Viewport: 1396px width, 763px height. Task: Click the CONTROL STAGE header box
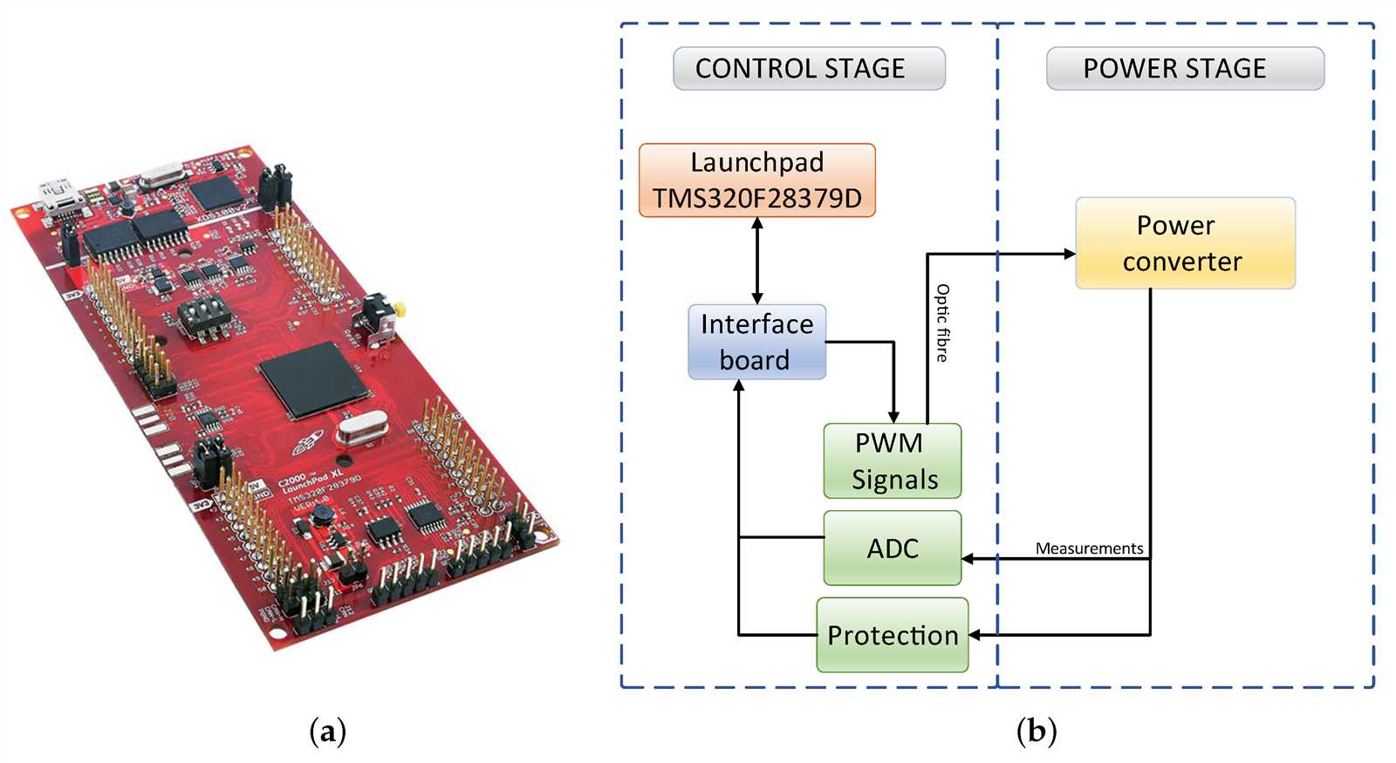click(x=809, y=69)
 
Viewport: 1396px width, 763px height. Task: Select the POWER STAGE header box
click(x=1185, y=69)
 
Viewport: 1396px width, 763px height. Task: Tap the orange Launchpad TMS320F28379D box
click(x=756, y=181)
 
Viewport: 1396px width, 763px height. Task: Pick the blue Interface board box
click(x=756, y=342)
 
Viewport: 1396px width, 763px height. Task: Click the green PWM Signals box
click(x=892, y=461)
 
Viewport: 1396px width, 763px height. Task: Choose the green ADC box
click(x=892, y=548)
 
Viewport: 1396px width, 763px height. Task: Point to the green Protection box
click(x=892, y=635)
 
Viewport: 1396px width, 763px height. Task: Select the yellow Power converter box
click(x=1185, y=243)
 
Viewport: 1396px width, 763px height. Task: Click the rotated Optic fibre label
click(x=942, y=323)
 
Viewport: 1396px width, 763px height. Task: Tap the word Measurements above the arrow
click(x=1089, y=548)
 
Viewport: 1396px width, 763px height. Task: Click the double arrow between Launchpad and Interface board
click(x=756, y=260)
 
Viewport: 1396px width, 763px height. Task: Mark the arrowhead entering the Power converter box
click(x=1069, y=254)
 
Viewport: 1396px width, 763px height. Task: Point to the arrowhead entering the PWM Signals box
click(x=893, y=417)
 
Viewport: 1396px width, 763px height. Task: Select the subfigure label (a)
click(x=328, y=731)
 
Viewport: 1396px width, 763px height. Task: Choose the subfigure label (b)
click(x=1037, y=731)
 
